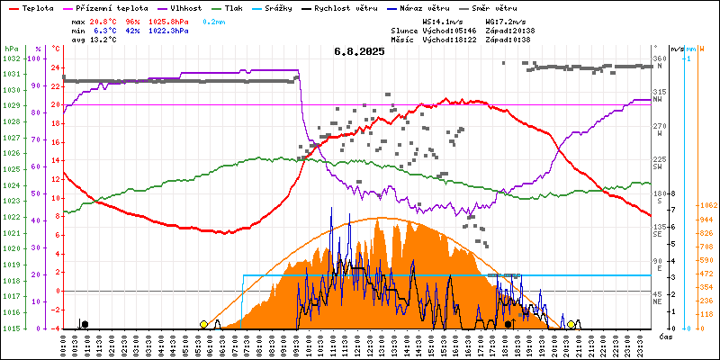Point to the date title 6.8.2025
click(359, 51)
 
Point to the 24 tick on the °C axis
click(55, 67)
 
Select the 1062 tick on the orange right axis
click(706, 205)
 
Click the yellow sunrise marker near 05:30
click(203, 324)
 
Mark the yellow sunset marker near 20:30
click(571, 324)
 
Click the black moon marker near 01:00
click(85, 324)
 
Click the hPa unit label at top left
click(11, 48)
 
